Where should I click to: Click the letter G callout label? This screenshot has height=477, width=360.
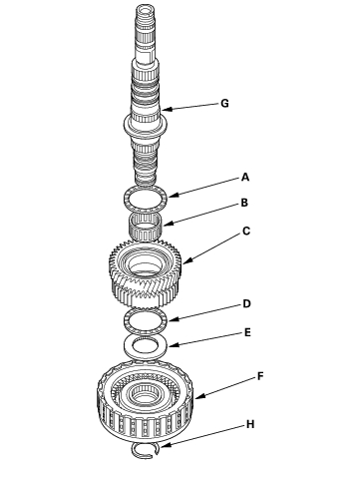pos(225,104)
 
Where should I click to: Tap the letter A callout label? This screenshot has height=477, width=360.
pos(245,177)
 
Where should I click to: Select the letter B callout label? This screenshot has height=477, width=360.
pos(244,203)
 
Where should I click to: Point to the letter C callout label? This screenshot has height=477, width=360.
pos(246,231)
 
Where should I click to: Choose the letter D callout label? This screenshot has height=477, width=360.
pos(246,303)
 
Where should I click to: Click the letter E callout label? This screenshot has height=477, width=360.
pos(247,332)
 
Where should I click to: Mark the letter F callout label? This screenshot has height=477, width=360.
pos(260,376)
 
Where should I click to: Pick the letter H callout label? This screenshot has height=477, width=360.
pos(250,424)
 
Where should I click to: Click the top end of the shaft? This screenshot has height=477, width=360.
pos(145,7)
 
